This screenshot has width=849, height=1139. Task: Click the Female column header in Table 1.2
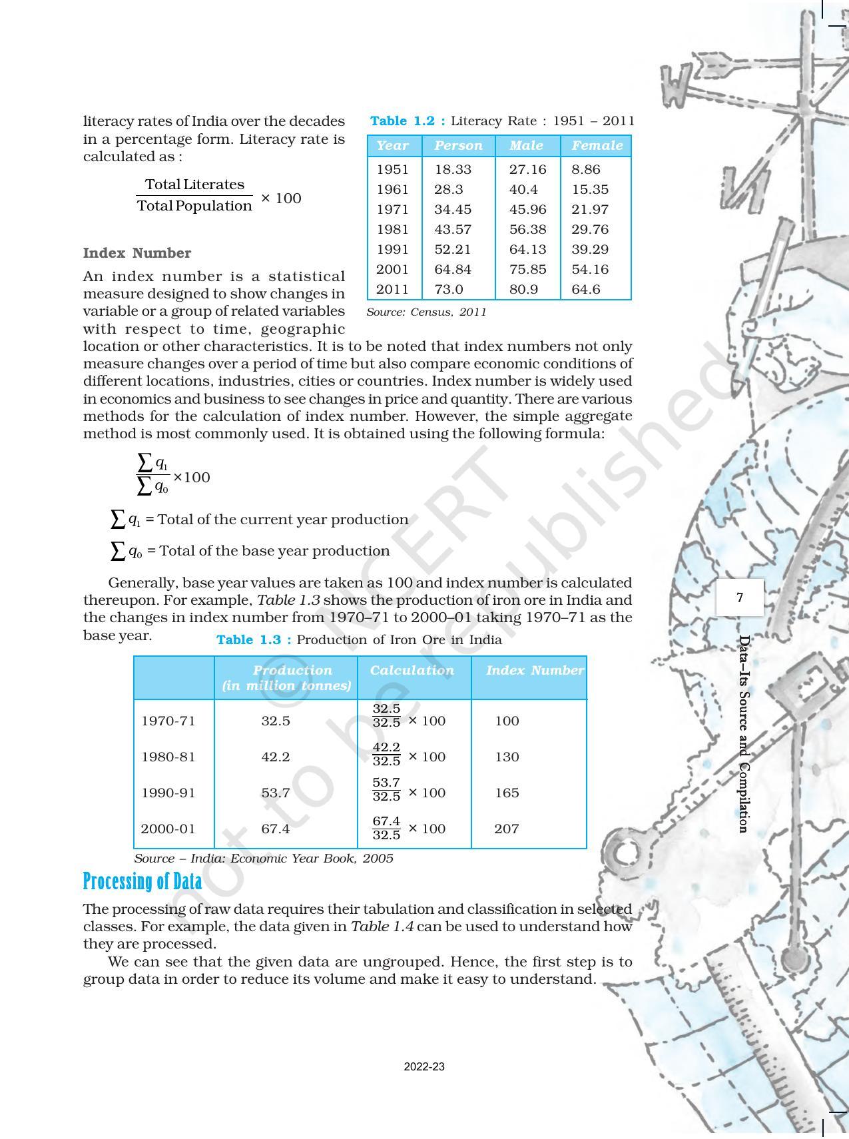[x=597, y=145]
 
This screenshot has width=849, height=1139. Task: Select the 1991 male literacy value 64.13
[x=527, y=249]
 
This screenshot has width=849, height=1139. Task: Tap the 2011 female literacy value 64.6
[x=586, y=289]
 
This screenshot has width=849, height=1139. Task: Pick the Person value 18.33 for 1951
[x=453, y=169]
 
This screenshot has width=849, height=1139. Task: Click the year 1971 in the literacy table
[x=392, y=209]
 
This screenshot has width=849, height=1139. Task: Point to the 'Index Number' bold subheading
[x=137, y=253]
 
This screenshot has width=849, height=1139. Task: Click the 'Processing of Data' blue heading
[x=142, y=881]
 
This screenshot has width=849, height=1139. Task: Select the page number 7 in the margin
[x=740, y=597]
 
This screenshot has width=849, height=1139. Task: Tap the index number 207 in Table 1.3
[x=506, y=829]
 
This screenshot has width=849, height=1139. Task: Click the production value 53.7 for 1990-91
[x=275, y=793]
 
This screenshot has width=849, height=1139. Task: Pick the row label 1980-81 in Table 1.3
[x=168, y=757]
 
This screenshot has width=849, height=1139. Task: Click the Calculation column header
[x=412, y=671]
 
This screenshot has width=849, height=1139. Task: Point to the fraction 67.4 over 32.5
[x=386, y=828]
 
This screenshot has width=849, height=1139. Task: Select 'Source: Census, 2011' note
[x=426, y=312]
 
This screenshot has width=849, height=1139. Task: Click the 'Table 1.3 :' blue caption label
[x=254, y=640]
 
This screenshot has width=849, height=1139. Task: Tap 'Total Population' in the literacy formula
[x=194, y=206]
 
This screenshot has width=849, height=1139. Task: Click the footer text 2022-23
[x=424, y=1066]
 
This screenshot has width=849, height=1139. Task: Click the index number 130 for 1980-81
[x=507, y=757]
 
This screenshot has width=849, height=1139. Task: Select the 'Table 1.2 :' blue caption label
[x=407, y=121]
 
